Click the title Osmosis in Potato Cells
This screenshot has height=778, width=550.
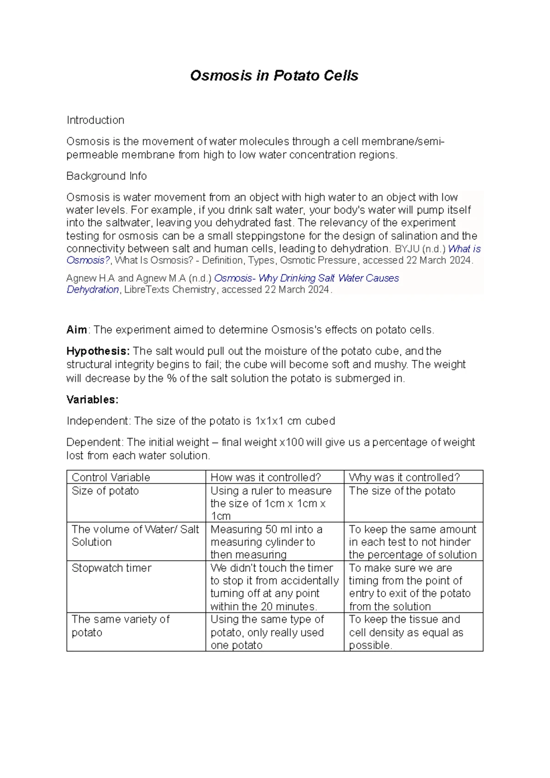(274, 76)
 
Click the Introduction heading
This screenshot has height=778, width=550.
(95, 120)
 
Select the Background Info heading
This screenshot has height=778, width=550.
(106, 176)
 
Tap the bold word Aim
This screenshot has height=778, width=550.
(77, 330)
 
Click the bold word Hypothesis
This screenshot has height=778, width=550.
(98, 351)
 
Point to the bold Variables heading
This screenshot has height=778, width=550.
(92, 400)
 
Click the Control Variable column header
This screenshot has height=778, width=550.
(111, 478)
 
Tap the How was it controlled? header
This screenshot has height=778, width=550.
(265, 478)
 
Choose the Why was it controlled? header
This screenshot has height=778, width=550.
(404, 478)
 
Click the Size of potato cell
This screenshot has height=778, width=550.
(105, 491)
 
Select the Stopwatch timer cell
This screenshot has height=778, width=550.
(111, 568)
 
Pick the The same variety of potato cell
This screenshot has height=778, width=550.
(120, 626)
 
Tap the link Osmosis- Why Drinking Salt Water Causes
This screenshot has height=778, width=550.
(306, 278)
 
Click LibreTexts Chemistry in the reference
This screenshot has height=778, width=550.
(170, 290)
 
